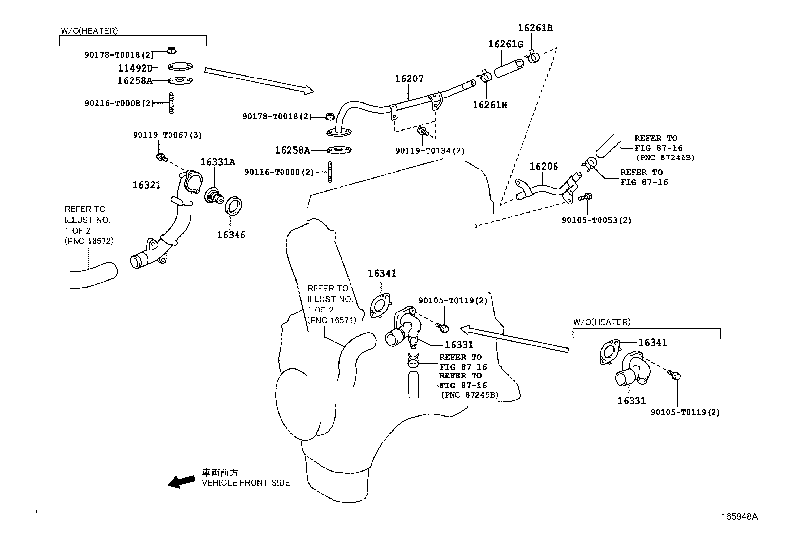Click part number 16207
click(409, 79)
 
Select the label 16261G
click(505, 44)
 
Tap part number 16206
click(544, 167)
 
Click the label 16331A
click(218, 162)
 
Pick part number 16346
click(231, 235)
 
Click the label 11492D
click(135, 68)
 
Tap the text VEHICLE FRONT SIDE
click(245, 483)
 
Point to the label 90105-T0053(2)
click(596, 220)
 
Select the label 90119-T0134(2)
click(430, 151)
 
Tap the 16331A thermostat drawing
click(214, 195)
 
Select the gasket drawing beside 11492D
click(180, 67)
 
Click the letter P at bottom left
click(35, 513)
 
